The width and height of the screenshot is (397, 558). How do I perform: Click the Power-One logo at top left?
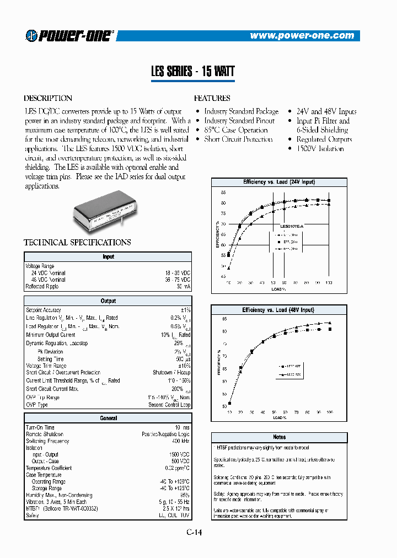point(68,36)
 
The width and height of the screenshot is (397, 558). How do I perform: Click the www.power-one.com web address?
point(302,36)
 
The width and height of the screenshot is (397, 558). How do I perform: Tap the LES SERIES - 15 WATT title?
point(193,72)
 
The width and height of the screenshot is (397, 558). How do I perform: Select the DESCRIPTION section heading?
point(48,98)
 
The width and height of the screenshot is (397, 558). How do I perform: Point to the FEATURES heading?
point(212,98)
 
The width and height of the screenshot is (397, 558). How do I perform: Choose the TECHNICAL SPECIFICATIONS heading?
point(77,242)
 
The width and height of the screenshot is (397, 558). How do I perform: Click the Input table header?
point(108,257)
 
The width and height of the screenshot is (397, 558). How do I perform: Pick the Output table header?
point(108,301)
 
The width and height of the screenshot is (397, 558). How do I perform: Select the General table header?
point(108,418)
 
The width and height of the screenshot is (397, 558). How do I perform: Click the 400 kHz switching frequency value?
point(180,441)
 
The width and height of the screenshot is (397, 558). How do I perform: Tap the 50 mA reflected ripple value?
point(183,287)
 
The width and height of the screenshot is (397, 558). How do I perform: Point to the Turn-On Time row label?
point(40,428)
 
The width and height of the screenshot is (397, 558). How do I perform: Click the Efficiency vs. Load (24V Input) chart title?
point(279,182)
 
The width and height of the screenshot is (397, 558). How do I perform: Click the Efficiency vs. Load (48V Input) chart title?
point(278,310)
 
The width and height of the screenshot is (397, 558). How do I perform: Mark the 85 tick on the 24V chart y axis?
point(223,193)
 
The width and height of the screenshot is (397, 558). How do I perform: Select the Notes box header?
point(279,437)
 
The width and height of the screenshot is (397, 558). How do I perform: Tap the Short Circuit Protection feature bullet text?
point(238,139)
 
